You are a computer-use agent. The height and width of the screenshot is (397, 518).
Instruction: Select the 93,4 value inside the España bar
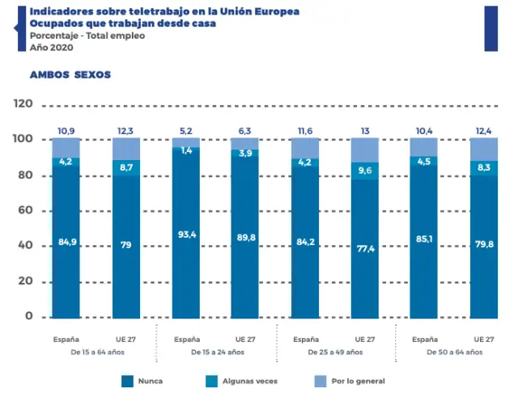point(185,234)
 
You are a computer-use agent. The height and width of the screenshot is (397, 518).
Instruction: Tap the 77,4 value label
point(364,249)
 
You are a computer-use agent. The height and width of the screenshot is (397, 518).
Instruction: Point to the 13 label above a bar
point(365,130)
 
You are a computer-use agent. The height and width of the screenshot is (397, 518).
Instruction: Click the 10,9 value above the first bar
point(66,130)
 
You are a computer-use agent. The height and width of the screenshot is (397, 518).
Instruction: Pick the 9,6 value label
point(364,171)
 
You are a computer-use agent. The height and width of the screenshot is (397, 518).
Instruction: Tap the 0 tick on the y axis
point(29,316)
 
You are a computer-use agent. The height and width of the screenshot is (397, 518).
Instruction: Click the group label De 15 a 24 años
point(215,353)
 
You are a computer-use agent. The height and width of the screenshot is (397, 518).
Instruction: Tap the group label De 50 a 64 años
point(454,353)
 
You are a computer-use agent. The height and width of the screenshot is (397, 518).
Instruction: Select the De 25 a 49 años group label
point(335,353)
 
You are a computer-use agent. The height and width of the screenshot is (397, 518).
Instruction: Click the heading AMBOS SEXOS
point(70,75)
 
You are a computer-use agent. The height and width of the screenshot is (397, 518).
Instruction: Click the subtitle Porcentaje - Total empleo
point(87,37)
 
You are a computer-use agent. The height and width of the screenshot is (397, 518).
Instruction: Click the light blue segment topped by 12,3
point(125,149)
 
